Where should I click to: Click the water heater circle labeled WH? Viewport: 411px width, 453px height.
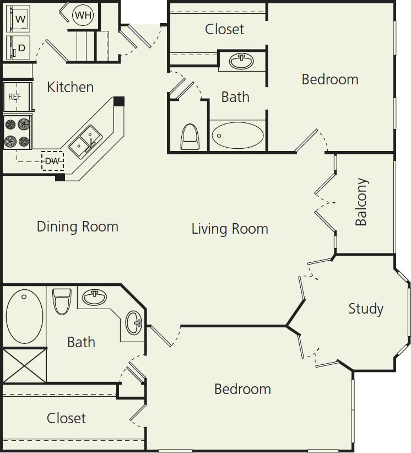point(83,15)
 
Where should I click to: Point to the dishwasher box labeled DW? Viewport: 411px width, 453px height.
point(52,161)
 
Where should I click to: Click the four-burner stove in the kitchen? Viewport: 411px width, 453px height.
point(18,133)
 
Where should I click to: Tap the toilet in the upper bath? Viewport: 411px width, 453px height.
point(190,136)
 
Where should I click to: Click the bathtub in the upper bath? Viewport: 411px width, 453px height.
point(237,135)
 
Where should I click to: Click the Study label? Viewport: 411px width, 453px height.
point(365,309)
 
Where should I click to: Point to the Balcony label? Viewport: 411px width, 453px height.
point(361,202)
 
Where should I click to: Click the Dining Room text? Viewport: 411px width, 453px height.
point(77,227)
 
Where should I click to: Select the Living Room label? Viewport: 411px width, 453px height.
point(230,229)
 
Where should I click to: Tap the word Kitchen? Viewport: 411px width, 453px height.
point(70,87)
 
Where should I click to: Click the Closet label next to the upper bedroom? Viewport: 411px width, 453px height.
point(224,29)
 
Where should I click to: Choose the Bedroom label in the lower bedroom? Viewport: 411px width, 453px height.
point(242,389)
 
